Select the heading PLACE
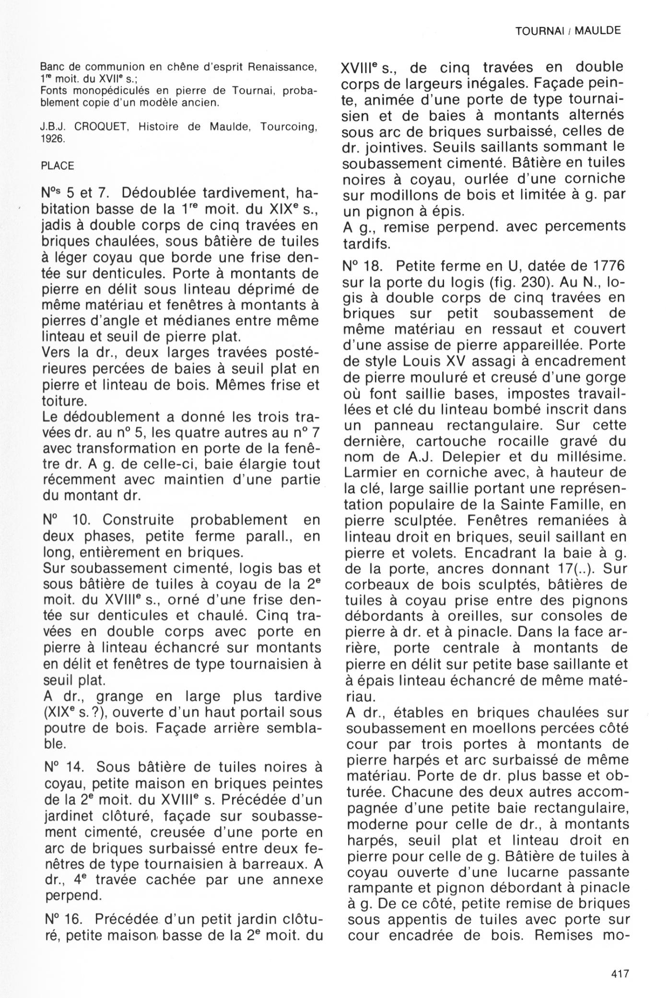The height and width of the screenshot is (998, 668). [58, 166]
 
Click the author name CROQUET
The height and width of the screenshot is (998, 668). [102, 127]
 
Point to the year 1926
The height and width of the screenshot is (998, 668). [53, 140]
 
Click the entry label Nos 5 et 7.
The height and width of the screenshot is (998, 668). [77, 194]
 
